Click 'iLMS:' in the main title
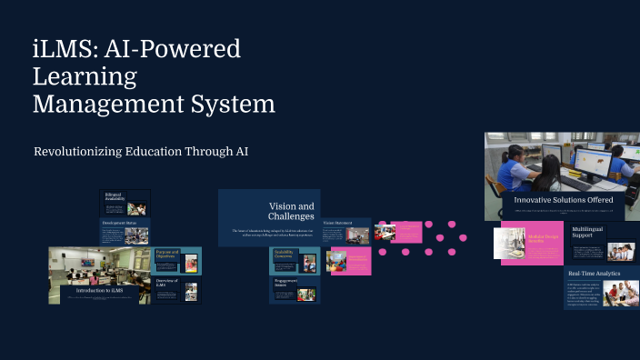coord(64,49)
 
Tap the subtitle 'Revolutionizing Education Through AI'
coord(141,152)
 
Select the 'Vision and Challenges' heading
coord(291,211)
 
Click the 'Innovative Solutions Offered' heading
coord(563,199)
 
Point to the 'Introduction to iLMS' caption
coord(100,290)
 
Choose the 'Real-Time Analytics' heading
coord(595,273)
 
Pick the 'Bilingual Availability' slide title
coord(114,197)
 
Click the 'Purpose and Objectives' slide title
coord(167,255)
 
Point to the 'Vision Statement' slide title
coord(337,223)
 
